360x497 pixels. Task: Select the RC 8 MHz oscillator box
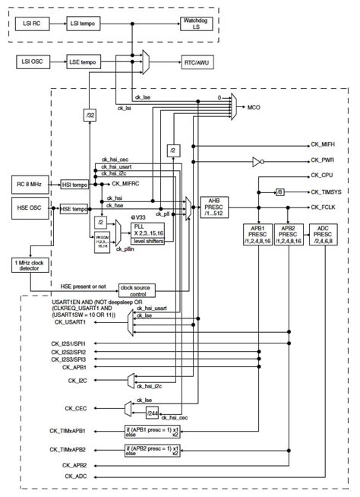click(x=33, y=183)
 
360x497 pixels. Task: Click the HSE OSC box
click(x=33, y=207)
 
